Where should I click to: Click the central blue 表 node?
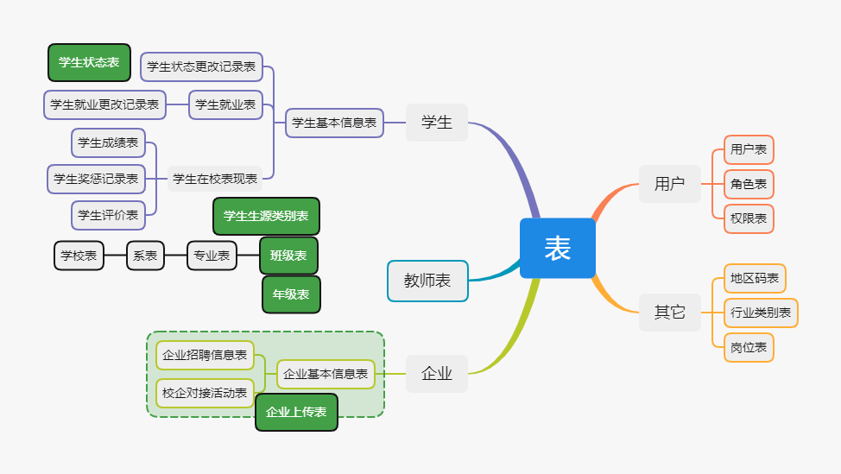558,249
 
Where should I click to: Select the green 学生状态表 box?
89,62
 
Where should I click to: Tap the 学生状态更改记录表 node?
201,66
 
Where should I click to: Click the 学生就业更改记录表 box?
104,104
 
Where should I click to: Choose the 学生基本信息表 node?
334,123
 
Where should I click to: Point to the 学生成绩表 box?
108,142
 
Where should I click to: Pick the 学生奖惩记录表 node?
96,179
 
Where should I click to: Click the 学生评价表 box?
108,215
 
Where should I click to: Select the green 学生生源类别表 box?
266,216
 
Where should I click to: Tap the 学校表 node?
79,256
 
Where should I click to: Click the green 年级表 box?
291,294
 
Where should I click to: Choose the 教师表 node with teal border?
427,281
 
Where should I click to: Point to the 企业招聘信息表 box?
205,355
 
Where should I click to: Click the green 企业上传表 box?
296,412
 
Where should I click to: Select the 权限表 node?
749,218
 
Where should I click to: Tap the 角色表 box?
749,184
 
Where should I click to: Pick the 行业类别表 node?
760,313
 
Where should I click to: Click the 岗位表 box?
749,347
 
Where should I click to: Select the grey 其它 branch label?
669,312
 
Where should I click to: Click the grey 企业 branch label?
437,374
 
